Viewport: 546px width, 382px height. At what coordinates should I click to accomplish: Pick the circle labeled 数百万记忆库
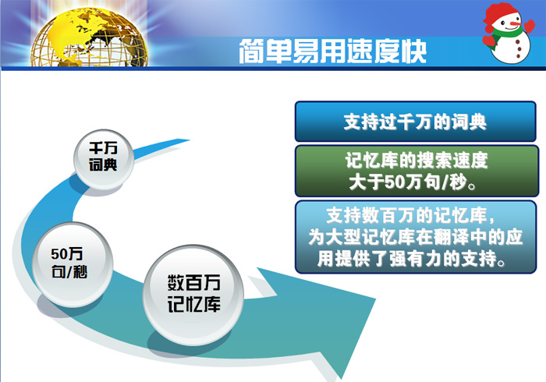pos(194,293)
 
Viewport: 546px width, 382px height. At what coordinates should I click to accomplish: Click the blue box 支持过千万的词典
pos(415,122)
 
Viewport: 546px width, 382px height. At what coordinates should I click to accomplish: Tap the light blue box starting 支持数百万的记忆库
pos(416,237)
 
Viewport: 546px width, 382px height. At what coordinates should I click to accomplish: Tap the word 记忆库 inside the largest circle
pos(194,304)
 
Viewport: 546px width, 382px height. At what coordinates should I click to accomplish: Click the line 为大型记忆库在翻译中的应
pos(416,237)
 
